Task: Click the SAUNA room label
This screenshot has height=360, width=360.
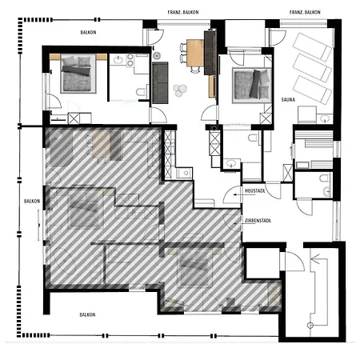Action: [x=288, y=100]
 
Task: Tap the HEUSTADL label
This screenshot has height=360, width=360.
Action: [x=255, y=191]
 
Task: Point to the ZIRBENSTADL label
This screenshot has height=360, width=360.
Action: [x=258, y=221]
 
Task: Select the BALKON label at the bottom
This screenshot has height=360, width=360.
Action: [x=87, y=314]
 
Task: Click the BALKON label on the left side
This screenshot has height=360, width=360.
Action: [x=32, y=201]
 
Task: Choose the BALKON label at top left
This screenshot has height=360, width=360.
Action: [x=88, y=33]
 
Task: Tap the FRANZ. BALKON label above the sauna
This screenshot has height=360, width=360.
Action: [x=305, y=12]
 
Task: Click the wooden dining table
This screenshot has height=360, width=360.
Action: [x=195, y=53]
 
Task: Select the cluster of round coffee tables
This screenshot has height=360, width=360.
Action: [x=180, y=90]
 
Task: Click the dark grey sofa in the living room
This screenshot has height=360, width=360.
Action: [x=160, y=83]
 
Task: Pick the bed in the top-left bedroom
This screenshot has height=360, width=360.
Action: [x=78, y=74]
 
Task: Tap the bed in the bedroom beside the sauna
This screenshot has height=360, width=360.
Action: [x=251, y=86]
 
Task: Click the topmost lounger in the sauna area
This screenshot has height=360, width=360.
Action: [x=313, y=46]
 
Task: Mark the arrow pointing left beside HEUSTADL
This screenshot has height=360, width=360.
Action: [x=237, y=194]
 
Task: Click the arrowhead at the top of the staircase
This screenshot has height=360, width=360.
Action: [x=315, y=258]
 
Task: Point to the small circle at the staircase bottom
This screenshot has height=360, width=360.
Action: [x=310, y=325]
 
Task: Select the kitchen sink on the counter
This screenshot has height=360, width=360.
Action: [x=185, y=173]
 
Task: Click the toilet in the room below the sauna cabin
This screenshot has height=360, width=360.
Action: [x=325, y=178]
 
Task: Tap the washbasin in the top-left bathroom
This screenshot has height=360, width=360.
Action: [x=118, y=60]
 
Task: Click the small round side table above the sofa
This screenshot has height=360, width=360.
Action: [x=157, y=55]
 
